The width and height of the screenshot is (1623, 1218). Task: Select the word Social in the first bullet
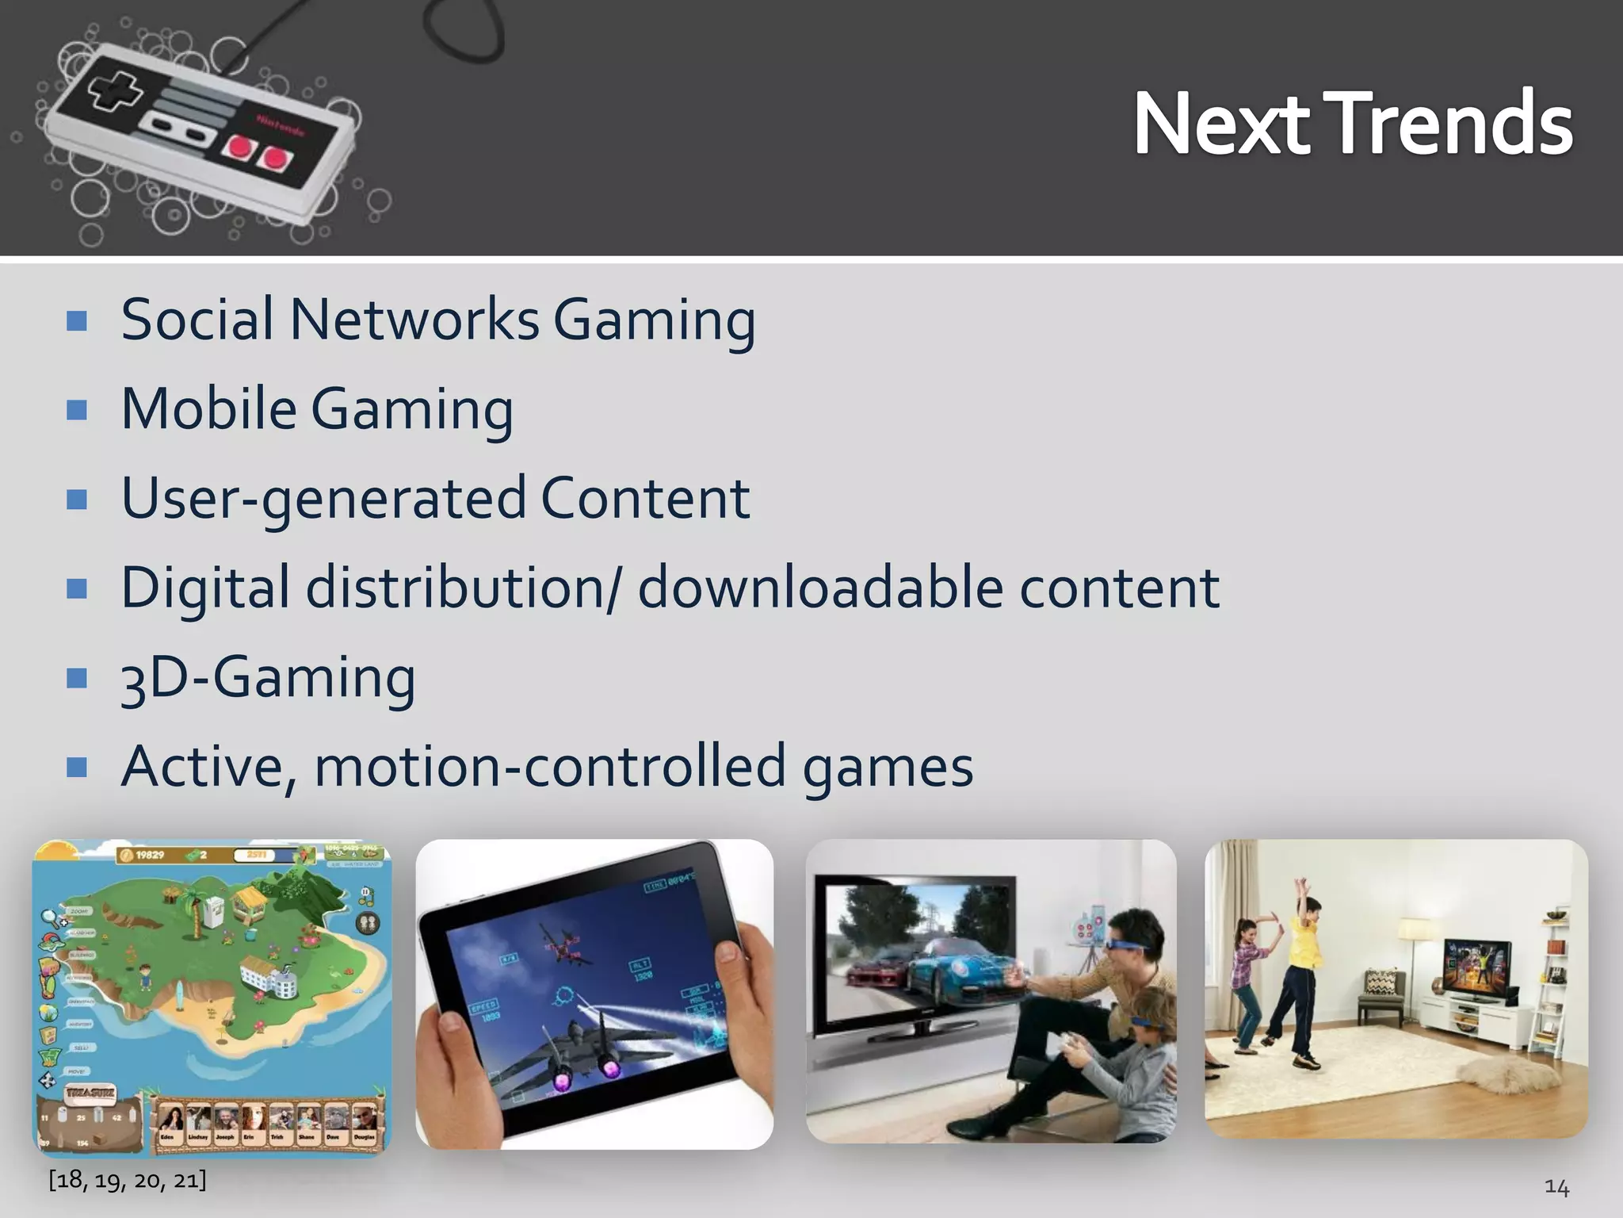tap(197, 320)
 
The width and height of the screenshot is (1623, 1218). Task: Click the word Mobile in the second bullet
tap(208, 409)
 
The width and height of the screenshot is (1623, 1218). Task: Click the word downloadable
tap(820, 588)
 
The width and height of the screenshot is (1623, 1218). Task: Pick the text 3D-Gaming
tap(268, 678)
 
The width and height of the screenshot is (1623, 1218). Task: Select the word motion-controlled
tap(550, 767)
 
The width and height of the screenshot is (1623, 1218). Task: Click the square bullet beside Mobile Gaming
tap(77, 410)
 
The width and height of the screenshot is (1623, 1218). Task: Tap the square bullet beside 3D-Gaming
tap(77, 679)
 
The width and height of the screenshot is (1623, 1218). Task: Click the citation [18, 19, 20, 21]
tap(127, 1180)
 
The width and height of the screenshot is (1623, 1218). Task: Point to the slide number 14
tap(1556, 1187)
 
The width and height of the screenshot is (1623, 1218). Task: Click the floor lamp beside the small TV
tap(1415, 952)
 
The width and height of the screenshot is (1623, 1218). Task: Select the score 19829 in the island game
tap(149, 855)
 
